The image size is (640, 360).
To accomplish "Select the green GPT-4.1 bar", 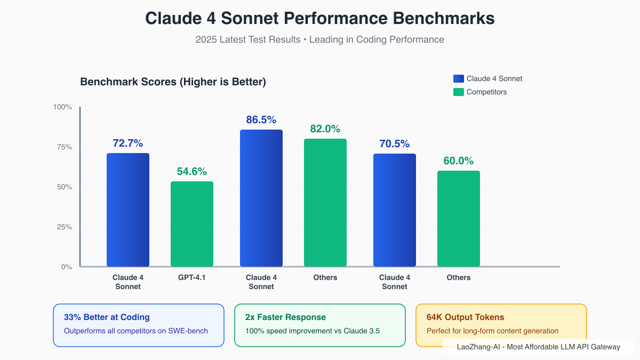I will [192, 224].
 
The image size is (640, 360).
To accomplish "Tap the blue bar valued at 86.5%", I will [261, 198].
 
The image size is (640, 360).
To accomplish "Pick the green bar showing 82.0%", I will [325, 203].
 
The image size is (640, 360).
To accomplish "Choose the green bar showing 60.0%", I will [459, 219].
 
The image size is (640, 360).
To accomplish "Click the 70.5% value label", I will [395, 143].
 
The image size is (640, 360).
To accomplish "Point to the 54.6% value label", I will [192, 172].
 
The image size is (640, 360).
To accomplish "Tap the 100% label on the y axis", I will [62, 107].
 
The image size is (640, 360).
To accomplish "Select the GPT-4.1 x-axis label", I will [192, 277].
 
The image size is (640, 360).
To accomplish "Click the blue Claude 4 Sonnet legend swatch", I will [459, 78].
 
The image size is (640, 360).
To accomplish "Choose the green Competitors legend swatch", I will [459, 92].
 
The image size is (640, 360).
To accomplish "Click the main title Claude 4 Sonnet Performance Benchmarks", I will [320, 18].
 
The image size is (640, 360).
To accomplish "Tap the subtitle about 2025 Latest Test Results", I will [320, 39].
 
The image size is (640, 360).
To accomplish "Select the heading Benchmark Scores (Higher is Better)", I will [173, 82].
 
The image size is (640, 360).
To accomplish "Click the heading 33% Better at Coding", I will [107, 317].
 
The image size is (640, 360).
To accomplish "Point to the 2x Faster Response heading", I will [285, 317].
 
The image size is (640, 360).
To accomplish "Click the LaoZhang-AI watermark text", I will [538, 347].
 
